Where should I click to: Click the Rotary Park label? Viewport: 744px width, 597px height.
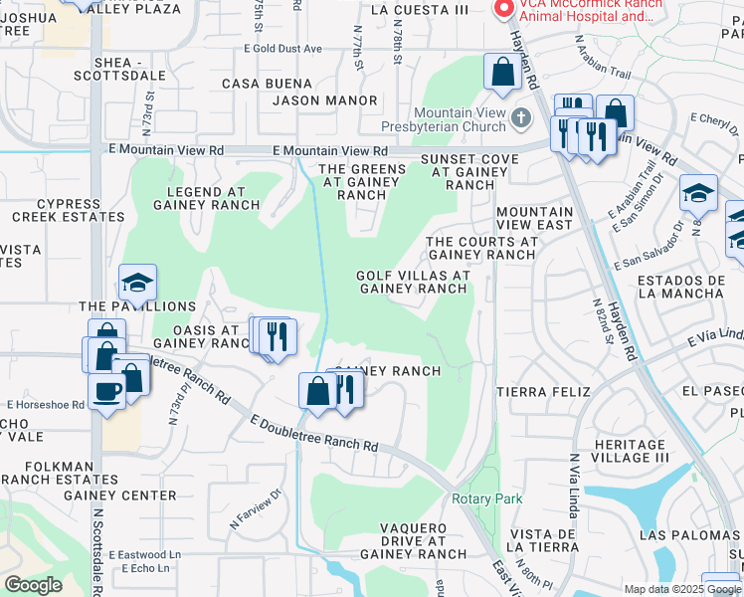click(x=486, y=498)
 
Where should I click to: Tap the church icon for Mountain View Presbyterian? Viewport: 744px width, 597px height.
click(x=521, y=120)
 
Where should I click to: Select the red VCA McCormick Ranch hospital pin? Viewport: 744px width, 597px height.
click(x=504, y=9)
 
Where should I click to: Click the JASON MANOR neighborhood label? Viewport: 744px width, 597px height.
click(x=325, y=100)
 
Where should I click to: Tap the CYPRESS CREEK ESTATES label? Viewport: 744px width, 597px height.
click(x=69, y=209)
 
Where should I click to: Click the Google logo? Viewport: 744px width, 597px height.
click(x=33, y=585)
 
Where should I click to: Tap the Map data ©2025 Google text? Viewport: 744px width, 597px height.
click(x=681, y=589)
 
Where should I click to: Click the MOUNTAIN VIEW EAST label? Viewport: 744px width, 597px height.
click(x=534, y=219)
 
